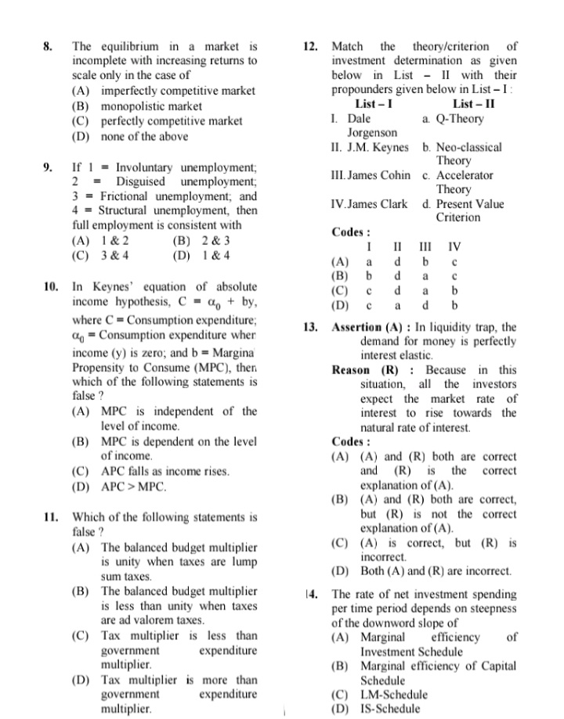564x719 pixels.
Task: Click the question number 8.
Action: [48, 46]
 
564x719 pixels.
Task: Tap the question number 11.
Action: [50, 517]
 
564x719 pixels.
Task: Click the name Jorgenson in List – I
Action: [371, 133]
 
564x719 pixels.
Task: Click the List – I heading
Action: [374, 104]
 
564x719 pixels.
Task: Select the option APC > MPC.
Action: [134, 487]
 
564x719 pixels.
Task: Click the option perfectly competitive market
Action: [171, 121]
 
